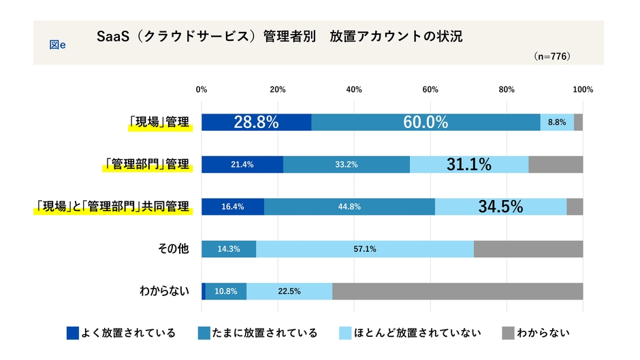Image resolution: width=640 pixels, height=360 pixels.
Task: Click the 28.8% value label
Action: pos(256,122)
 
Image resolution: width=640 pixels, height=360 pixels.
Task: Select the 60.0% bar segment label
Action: pos(426,122)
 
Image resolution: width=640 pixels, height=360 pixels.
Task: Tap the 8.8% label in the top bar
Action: pos(556,122)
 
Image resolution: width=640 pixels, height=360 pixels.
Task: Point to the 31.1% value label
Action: pos(469,165)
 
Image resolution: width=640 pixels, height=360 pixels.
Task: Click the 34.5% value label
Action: pos(500,207)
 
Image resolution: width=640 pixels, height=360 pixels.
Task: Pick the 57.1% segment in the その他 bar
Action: pos(365,249)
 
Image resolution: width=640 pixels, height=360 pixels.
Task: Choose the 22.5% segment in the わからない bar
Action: pos(289,291)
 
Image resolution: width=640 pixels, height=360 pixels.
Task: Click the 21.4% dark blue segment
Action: pos(242,165)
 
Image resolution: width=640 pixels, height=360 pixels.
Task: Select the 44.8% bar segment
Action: pos(349,207)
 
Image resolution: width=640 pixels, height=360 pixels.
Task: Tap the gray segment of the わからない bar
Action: pos(458,291)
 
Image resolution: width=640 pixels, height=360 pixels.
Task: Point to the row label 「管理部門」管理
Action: pos(147,165)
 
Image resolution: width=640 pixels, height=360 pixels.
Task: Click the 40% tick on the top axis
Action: pos(354,89)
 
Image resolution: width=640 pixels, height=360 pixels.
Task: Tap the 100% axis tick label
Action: pos(583,89)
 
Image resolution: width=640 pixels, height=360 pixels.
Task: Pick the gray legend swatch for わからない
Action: pos(508,333)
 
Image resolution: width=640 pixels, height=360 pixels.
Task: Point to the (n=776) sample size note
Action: pos(551,56)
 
